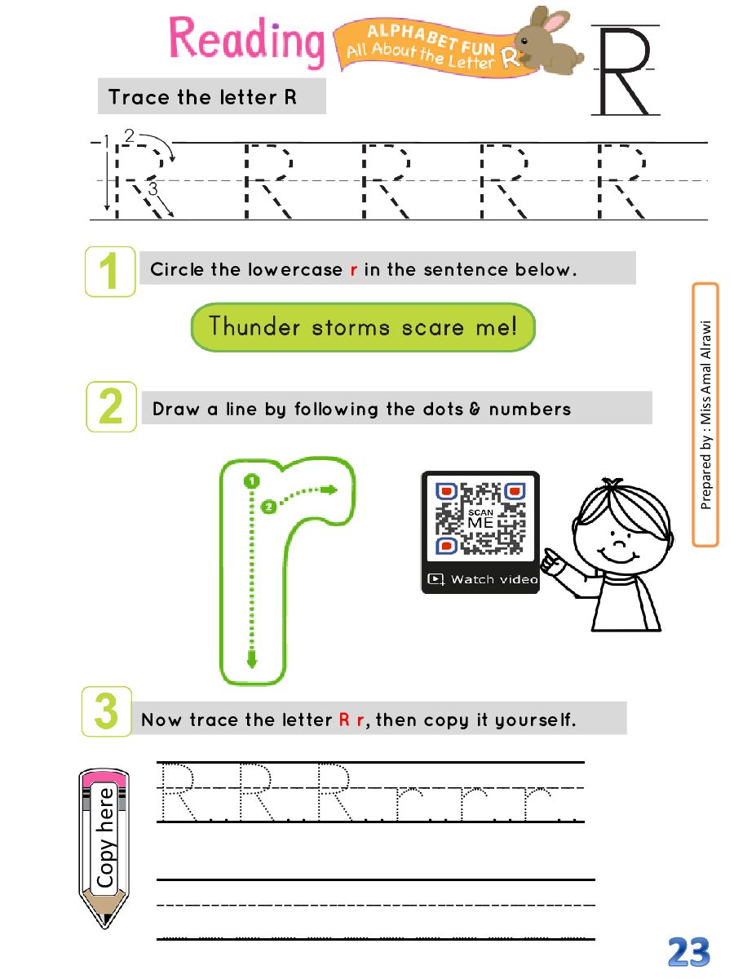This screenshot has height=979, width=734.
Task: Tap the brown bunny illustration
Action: click(548, 42)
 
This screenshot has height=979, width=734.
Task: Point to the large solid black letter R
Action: click(626, 70)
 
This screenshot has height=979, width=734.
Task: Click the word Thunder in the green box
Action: click(254, 326)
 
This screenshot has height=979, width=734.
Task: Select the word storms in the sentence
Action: click(351, 328)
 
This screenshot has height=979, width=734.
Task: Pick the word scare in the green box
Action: click(432, 328)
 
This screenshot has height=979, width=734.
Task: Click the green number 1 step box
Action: click(110, 271)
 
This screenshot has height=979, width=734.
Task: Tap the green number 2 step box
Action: click(112, 406)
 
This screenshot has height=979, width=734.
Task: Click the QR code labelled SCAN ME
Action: click(480, 518)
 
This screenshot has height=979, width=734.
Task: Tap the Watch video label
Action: click(493, 579)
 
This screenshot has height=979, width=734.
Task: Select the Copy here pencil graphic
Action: click(104, 848)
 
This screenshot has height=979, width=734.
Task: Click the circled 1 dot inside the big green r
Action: click(251, 481)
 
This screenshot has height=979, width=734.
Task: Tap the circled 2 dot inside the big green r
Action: click(268, 507)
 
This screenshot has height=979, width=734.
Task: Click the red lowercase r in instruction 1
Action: click(354, 270)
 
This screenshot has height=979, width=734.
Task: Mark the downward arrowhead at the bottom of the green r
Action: click(252, 660)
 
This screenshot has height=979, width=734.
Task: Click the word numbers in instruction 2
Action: click(530, 409)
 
